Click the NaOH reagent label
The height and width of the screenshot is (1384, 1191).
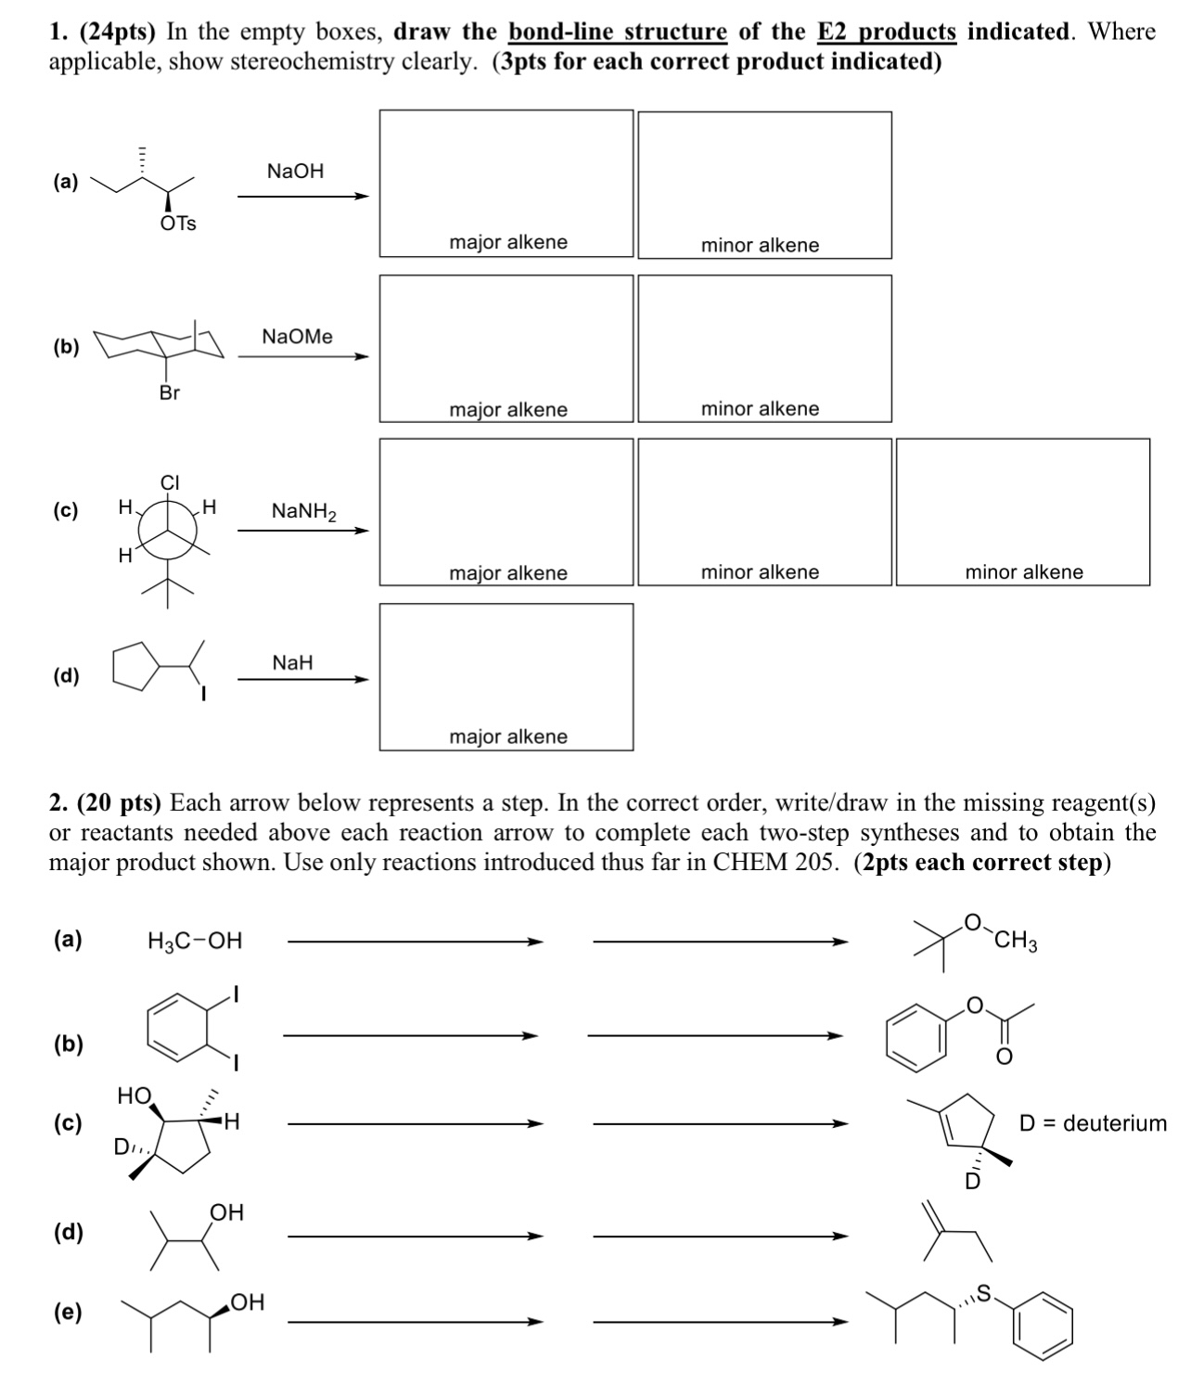[295, 171]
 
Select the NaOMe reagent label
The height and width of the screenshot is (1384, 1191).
[297, 337]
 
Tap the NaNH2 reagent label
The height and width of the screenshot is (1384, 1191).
[303, 511]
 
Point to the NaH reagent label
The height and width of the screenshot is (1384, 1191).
[292, 662]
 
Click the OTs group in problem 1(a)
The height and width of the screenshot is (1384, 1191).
[178, 224]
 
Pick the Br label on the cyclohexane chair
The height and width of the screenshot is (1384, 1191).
[169, 392]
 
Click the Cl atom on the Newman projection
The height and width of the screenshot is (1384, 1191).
[170, 482]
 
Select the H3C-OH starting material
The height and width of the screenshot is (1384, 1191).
[195, 942]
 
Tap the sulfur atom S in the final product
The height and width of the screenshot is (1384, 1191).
[984, 1291]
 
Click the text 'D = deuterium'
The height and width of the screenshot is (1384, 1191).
[1093, 1123]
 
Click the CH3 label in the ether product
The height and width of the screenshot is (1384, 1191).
[1016, 944]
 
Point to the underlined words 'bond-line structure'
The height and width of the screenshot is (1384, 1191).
[617, 32]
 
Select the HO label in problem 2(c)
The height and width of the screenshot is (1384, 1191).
[134, 1096]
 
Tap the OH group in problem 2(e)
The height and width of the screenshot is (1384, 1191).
[247, 1302]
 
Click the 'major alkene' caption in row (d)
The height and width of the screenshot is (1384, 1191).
[508, 737]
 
